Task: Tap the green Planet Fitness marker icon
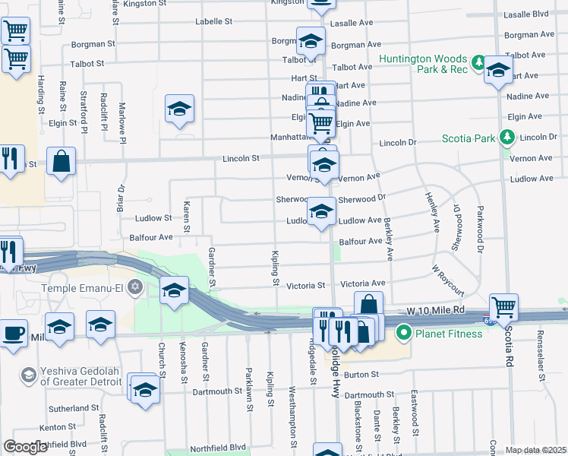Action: pyautogui.click(x=403, y=332)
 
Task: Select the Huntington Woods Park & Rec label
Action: pyautogui.click(x=424, y=65)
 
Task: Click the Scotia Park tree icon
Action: pyautogui.click(x=507, y=138)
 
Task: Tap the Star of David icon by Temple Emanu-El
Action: pyautogui.click(x=135, y=287)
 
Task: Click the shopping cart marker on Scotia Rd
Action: pyautogui.click(x=503, y=307)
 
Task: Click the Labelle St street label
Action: pyautogui.click(x=213, y=22)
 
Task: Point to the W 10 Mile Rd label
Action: pyautogui.click(x=434, y=311)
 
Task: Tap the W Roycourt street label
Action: pyautogui.click(x=448, y=279)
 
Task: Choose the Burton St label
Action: pyautogui.click(x=360, y=374)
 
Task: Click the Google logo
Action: pyautogui.click(x=25, y=447)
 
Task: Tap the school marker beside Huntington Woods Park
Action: pyautogui.click(x=497, y=71)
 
